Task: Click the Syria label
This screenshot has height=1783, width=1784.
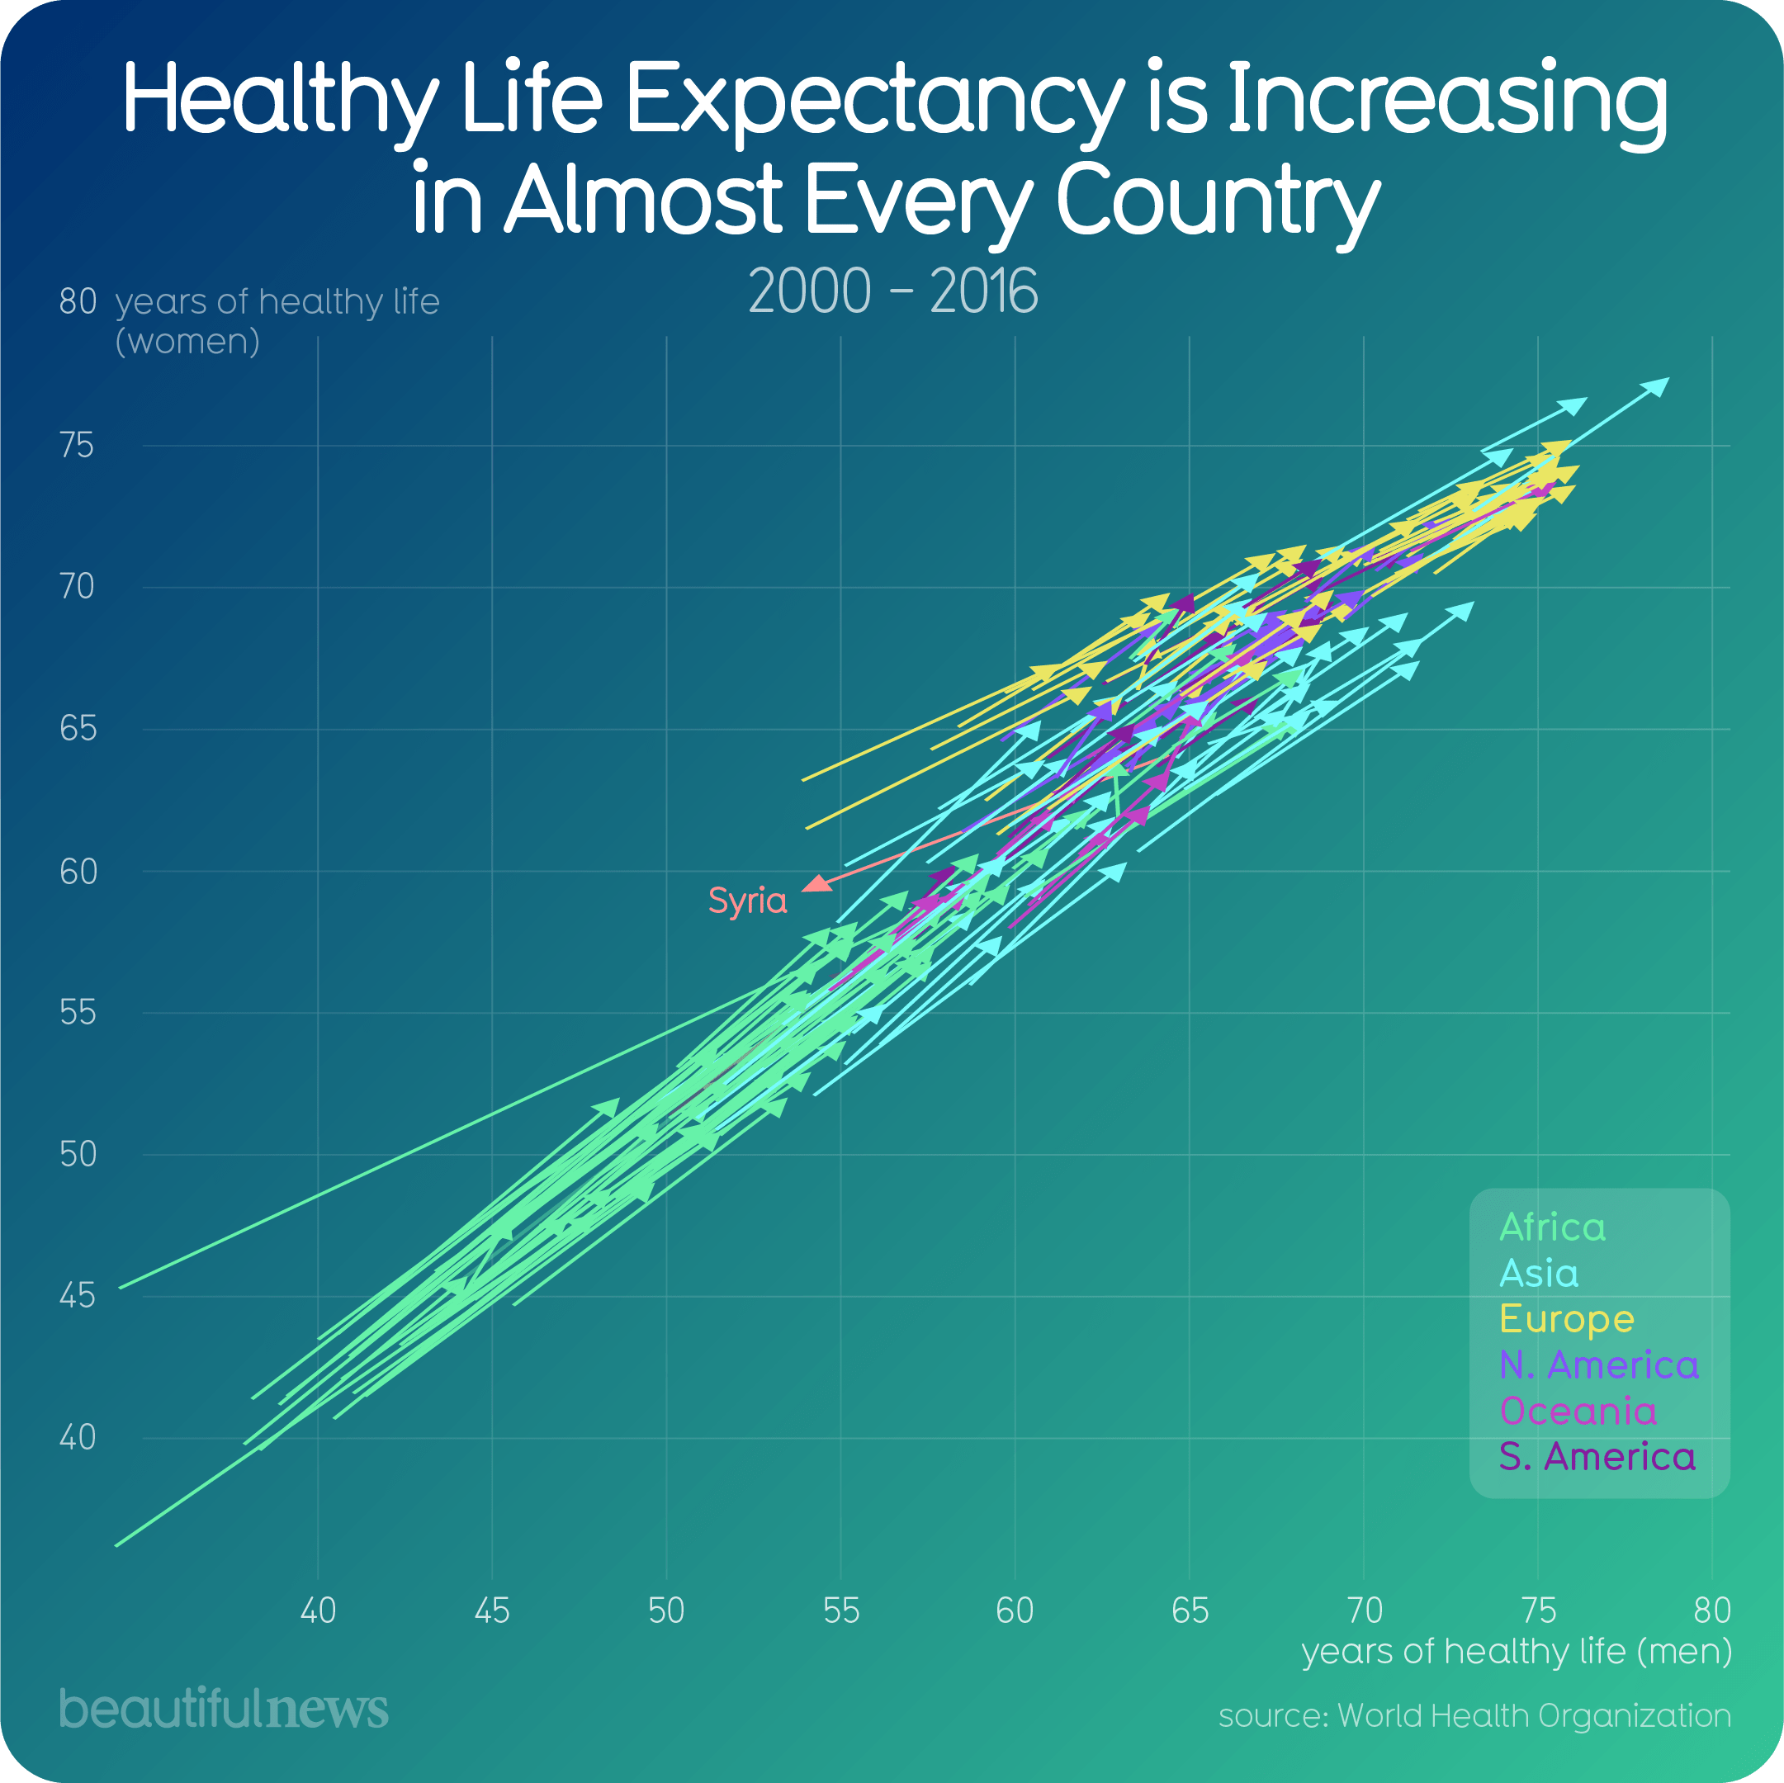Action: [747, 901]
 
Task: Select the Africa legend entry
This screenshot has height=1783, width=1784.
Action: [1552, 1227]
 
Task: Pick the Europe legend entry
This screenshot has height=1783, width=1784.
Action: [1566, 1318]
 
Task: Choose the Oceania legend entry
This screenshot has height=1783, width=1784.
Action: [1577, 1411]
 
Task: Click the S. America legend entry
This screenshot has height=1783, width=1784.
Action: [1597, 1457]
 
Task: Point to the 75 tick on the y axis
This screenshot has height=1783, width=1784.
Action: [77, 446]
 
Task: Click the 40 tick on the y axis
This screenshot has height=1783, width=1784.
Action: [77, 1438]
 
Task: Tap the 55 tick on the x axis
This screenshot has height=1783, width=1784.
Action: [840, 1611]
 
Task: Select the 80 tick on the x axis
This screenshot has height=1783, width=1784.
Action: [1712, 1611]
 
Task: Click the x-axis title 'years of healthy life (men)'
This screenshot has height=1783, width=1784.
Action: [1517, 1651]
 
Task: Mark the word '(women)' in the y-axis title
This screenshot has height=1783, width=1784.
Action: [187, 343]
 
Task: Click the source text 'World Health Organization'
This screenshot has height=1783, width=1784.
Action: [1534, 1715]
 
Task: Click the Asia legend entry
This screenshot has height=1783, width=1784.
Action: [1538, 1274]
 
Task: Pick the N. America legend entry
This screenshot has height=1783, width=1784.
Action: [1598, 1364]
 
